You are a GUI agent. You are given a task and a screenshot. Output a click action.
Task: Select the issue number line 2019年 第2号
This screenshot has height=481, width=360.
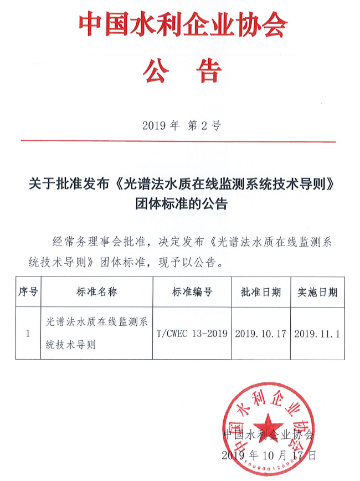(181, 125)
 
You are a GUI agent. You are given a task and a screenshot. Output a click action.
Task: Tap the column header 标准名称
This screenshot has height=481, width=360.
(96, 292)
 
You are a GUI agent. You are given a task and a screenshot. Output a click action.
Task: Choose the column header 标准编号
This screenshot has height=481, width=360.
(192, 292)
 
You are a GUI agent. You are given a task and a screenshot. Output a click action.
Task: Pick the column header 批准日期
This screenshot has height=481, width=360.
(260, 292)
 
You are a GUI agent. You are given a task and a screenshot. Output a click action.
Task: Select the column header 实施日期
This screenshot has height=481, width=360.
(318, 292)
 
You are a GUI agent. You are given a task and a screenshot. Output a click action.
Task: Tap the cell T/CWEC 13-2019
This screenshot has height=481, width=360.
(192, 334)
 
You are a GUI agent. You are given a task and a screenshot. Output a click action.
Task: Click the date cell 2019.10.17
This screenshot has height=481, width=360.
(260, 334)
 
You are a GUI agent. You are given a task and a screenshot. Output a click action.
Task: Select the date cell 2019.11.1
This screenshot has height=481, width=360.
(318, 334)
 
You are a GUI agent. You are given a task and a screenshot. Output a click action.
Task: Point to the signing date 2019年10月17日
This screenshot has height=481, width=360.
(269, 456)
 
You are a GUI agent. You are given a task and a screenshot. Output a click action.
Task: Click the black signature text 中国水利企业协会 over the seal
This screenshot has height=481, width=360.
(268, 434)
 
